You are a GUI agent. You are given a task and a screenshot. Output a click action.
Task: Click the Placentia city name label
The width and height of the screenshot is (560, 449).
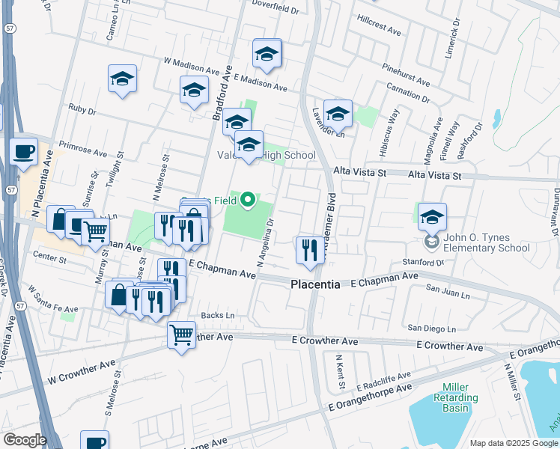pyautogui.click(x=315, y=285)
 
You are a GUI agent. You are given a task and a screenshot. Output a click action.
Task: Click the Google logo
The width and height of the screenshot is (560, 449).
pyautogui.click(x=24, y=440)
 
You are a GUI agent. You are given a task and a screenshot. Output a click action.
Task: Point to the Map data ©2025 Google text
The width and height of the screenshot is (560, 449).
pyautogui.click(x=514, y=443)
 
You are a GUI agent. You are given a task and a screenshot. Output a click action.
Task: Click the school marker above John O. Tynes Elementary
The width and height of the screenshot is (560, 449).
pyautogui.click(x=432, y=218)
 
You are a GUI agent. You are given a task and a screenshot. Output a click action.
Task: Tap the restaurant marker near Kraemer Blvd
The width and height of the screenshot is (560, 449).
pyautogui.click(x=309, y=249)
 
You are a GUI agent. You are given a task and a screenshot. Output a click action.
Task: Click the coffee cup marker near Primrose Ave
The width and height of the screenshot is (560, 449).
pyautogui.click(x=23, y=152)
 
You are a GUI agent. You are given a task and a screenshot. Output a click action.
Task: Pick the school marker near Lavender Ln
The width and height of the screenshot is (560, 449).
pyautogui.click(x=338, y=114)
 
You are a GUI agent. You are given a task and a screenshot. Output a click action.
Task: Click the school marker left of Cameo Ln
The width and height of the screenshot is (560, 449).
pyautogui.click(x=122, y=79)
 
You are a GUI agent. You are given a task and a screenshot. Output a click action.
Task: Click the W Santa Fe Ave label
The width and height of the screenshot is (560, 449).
pyautogui.click(x=53, y=299)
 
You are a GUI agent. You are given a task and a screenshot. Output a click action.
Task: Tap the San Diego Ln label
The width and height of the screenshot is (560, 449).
pyautogui.click(x=430, y=329)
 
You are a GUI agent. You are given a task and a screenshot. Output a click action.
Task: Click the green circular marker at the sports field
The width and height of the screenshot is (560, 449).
pyautogui.click(x=246, y=201)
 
